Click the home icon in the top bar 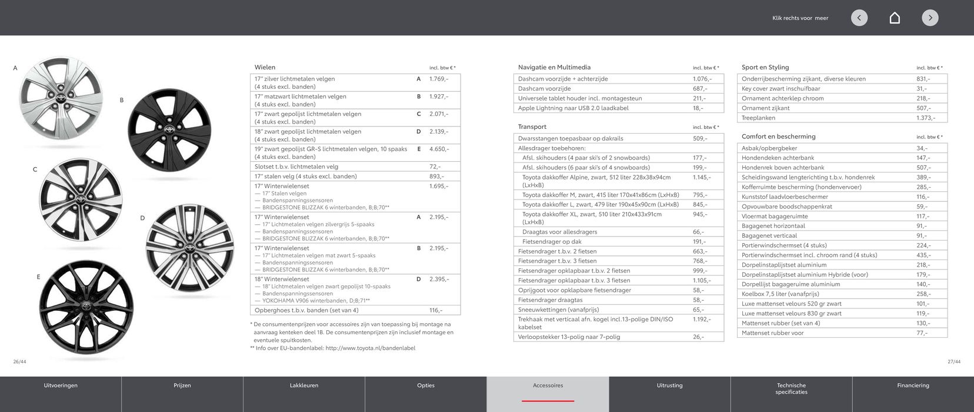tap(895, 18)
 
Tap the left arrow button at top tap(859, 18)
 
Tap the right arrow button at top tap(930, 18)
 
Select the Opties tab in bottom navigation tap(426, 386)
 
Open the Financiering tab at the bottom tap(913, 386)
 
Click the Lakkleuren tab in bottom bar tap(304, 386)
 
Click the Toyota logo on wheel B tap(169, 130)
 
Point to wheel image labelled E tap(86, 307)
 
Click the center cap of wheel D tap(189, 247)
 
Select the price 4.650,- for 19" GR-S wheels tap(439, 149)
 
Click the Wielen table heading tap(265, 67)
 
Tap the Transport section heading tap(532, 127)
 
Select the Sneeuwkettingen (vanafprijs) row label tap(558, 310)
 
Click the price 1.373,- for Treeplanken tap(925, 118)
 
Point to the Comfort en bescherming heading tap(778, 137)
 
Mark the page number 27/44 tap(953, 361)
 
